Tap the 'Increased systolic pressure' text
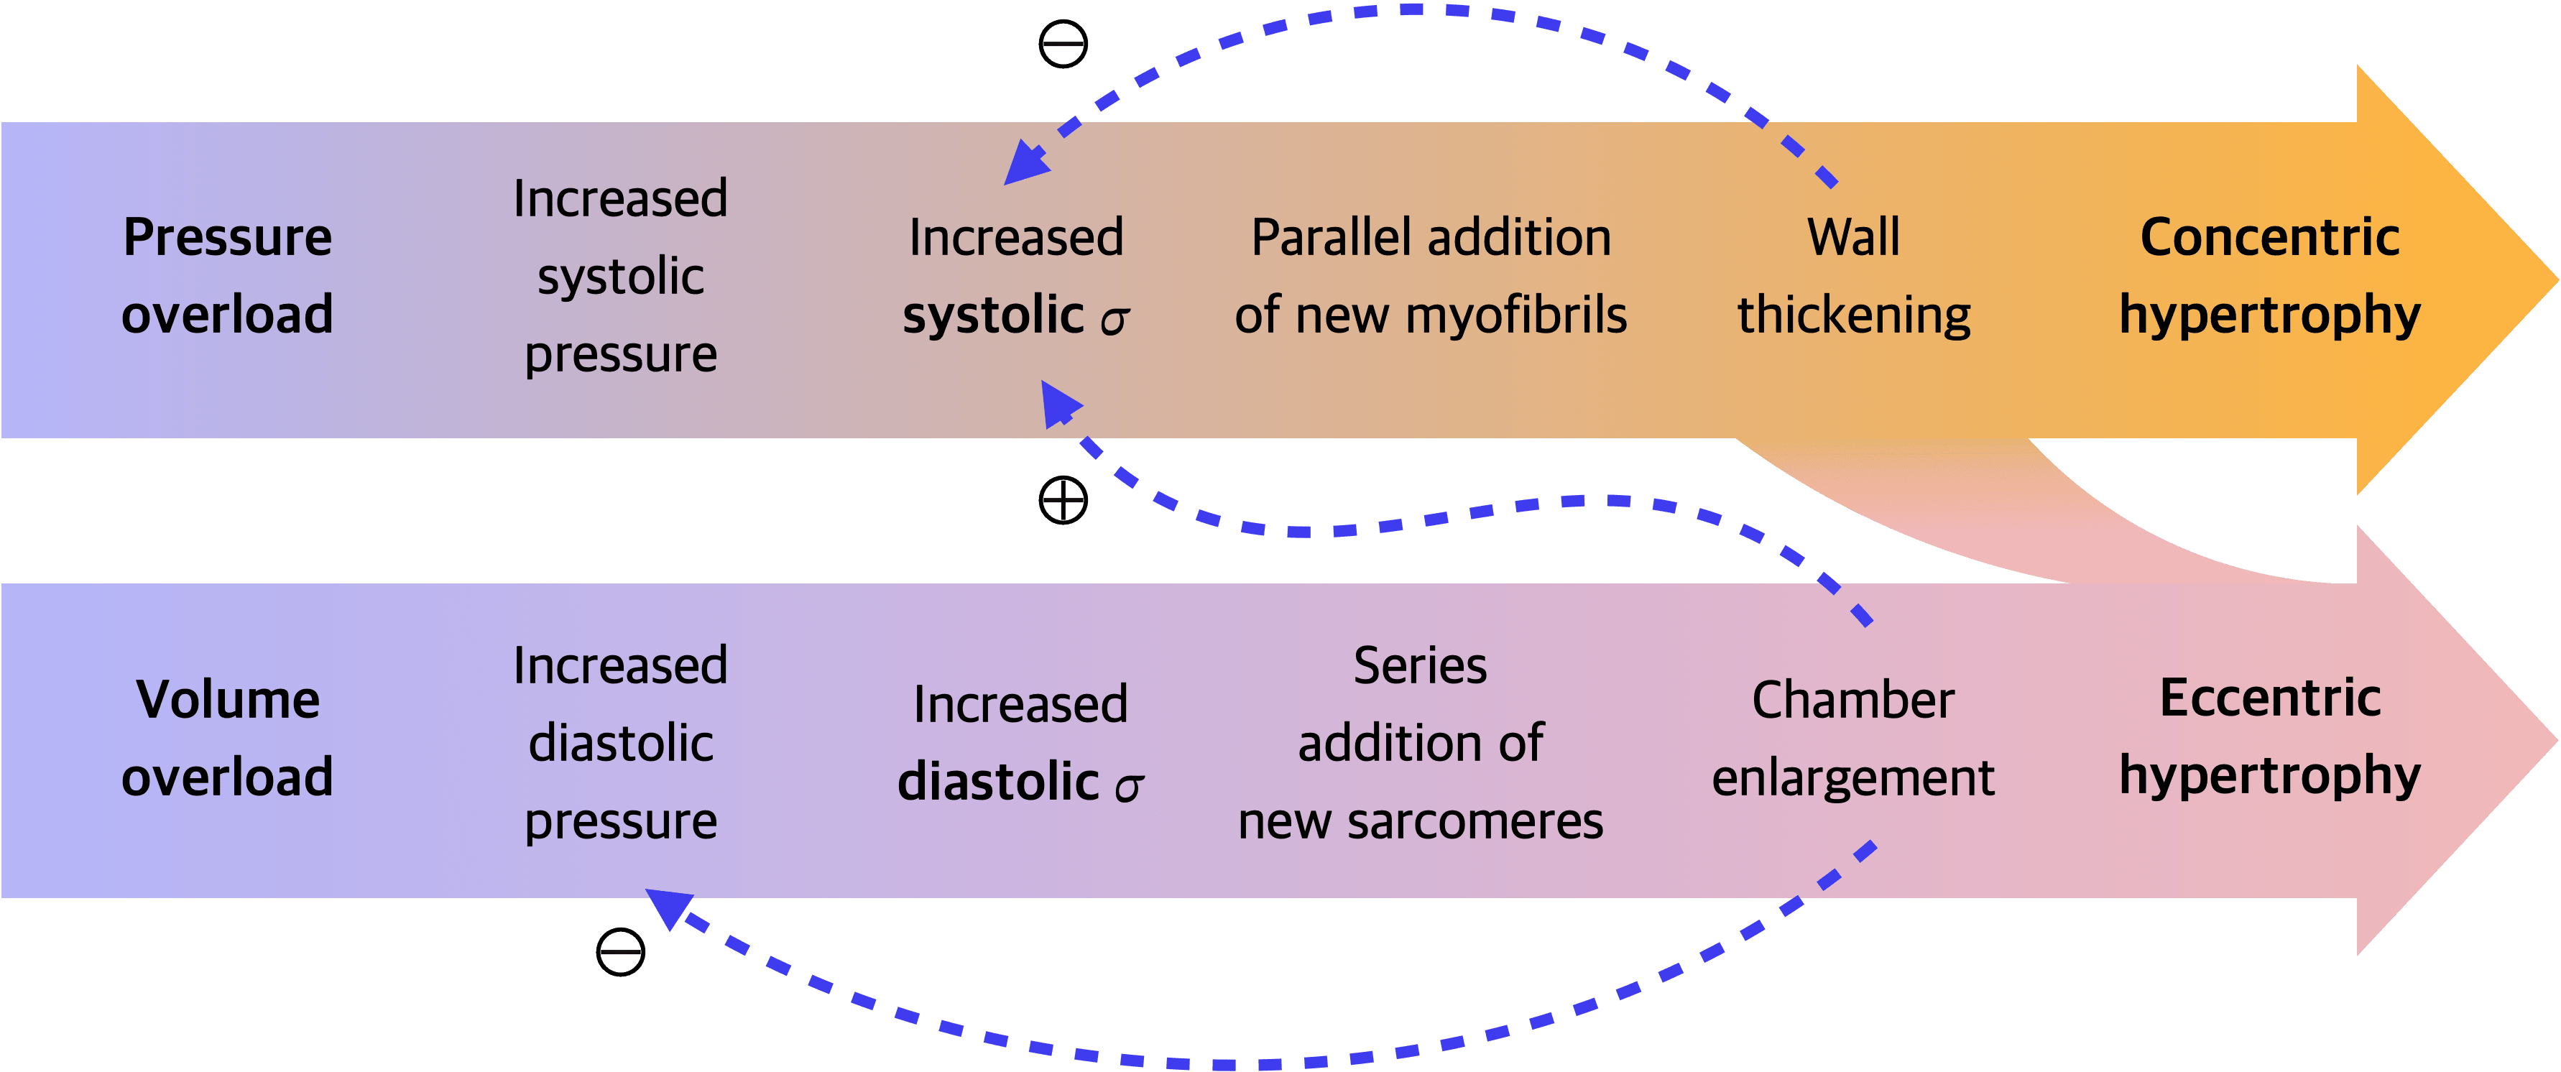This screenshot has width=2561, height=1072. [x=620, y=277]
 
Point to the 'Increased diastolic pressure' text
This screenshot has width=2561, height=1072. [x=620, y=743]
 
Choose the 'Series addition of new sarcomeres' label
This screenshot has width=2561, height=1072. [x=1421, y=743]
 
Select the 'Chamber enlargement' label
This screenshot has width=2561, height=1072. [x=1853, y=738]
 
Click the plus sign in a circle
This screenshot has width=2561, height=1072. [x=1063, y=499]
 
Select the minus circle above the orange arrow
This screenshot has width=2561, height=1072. [x=1063, y=44]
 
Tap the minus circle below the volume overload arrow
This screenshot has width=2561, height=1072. [x=620, y=952]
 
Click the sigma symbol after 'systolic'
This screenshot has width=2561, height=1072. [x=1115, y=319]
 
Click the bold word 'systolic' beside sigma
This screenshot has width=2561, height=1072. [x=993, y=315]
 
